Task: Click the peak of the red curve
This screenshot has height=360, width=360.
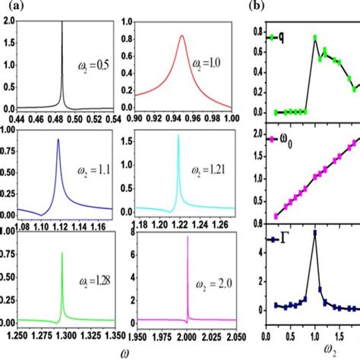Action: click(x=182, y=36)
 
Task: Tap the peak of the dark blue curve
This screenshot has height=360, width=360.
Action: click(x=58, y=140)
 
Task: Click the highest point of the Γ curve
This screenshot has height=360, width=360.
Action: click(x=314, y=253)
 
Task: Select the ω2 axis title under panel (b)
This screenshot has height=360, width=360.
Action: click(x=314, y=350)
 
